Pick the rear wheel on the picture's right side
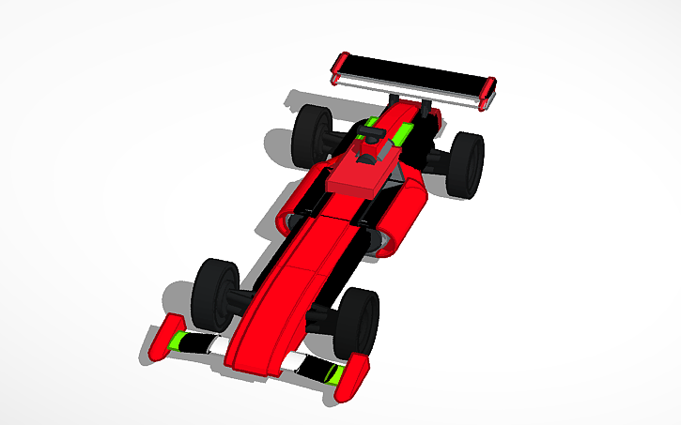pos(467,163)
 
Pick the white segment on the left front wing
pos(219,345)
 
